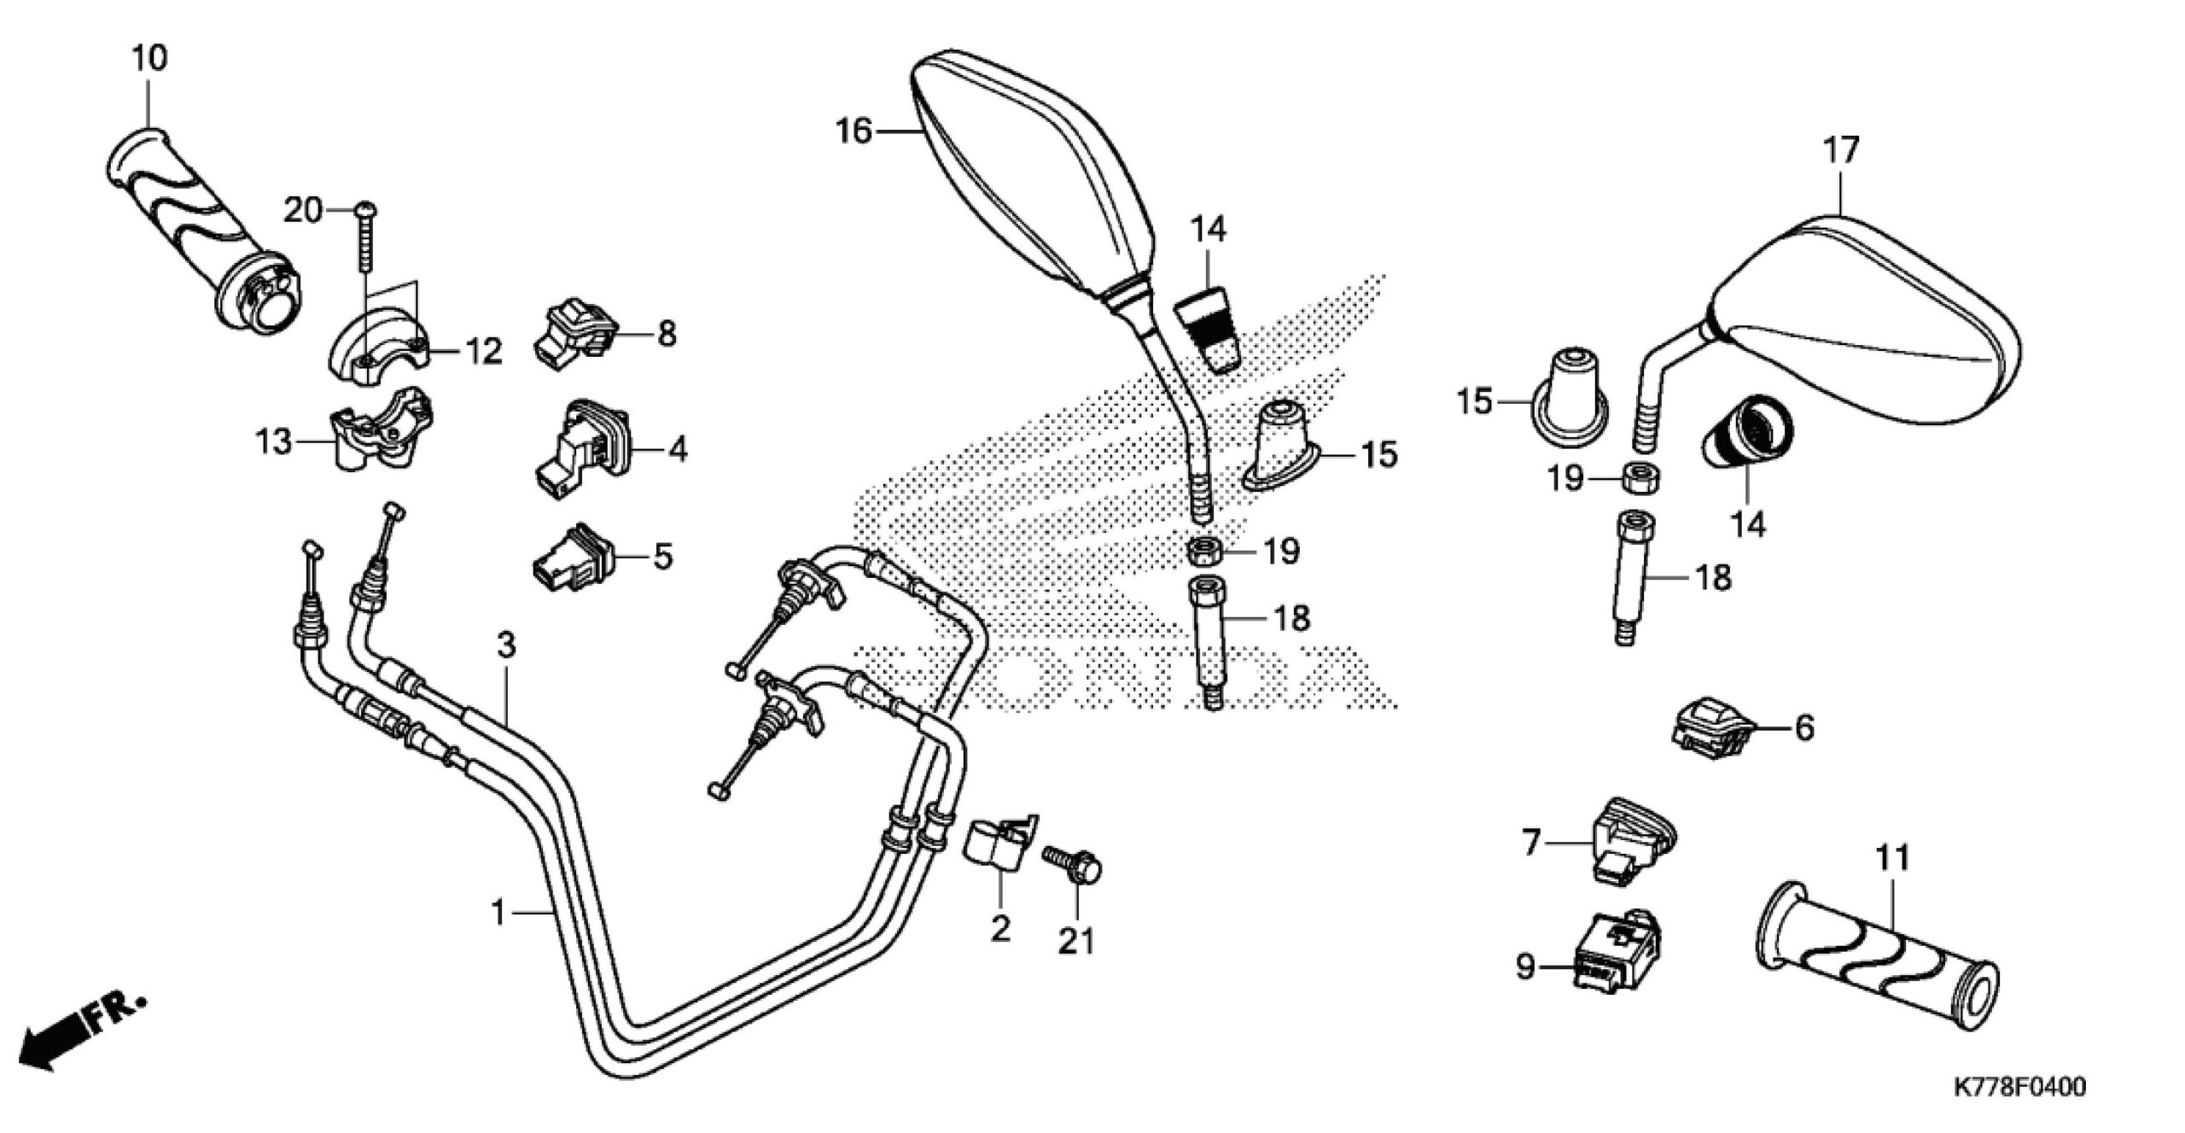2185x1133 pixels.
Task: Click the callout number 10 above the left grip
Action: point(149,59)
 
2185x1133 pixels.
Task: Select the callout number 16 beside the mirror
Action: point(854,131)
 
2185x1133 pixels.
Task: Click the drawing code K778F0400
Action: point(2018,1087)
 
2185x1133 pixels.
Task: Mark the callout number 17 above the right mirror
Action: point(1841,151)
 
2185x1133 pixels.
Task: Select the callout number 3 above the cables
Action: point(506,645)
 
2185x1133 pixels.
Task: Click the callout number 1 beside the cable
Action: point(499,913)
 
